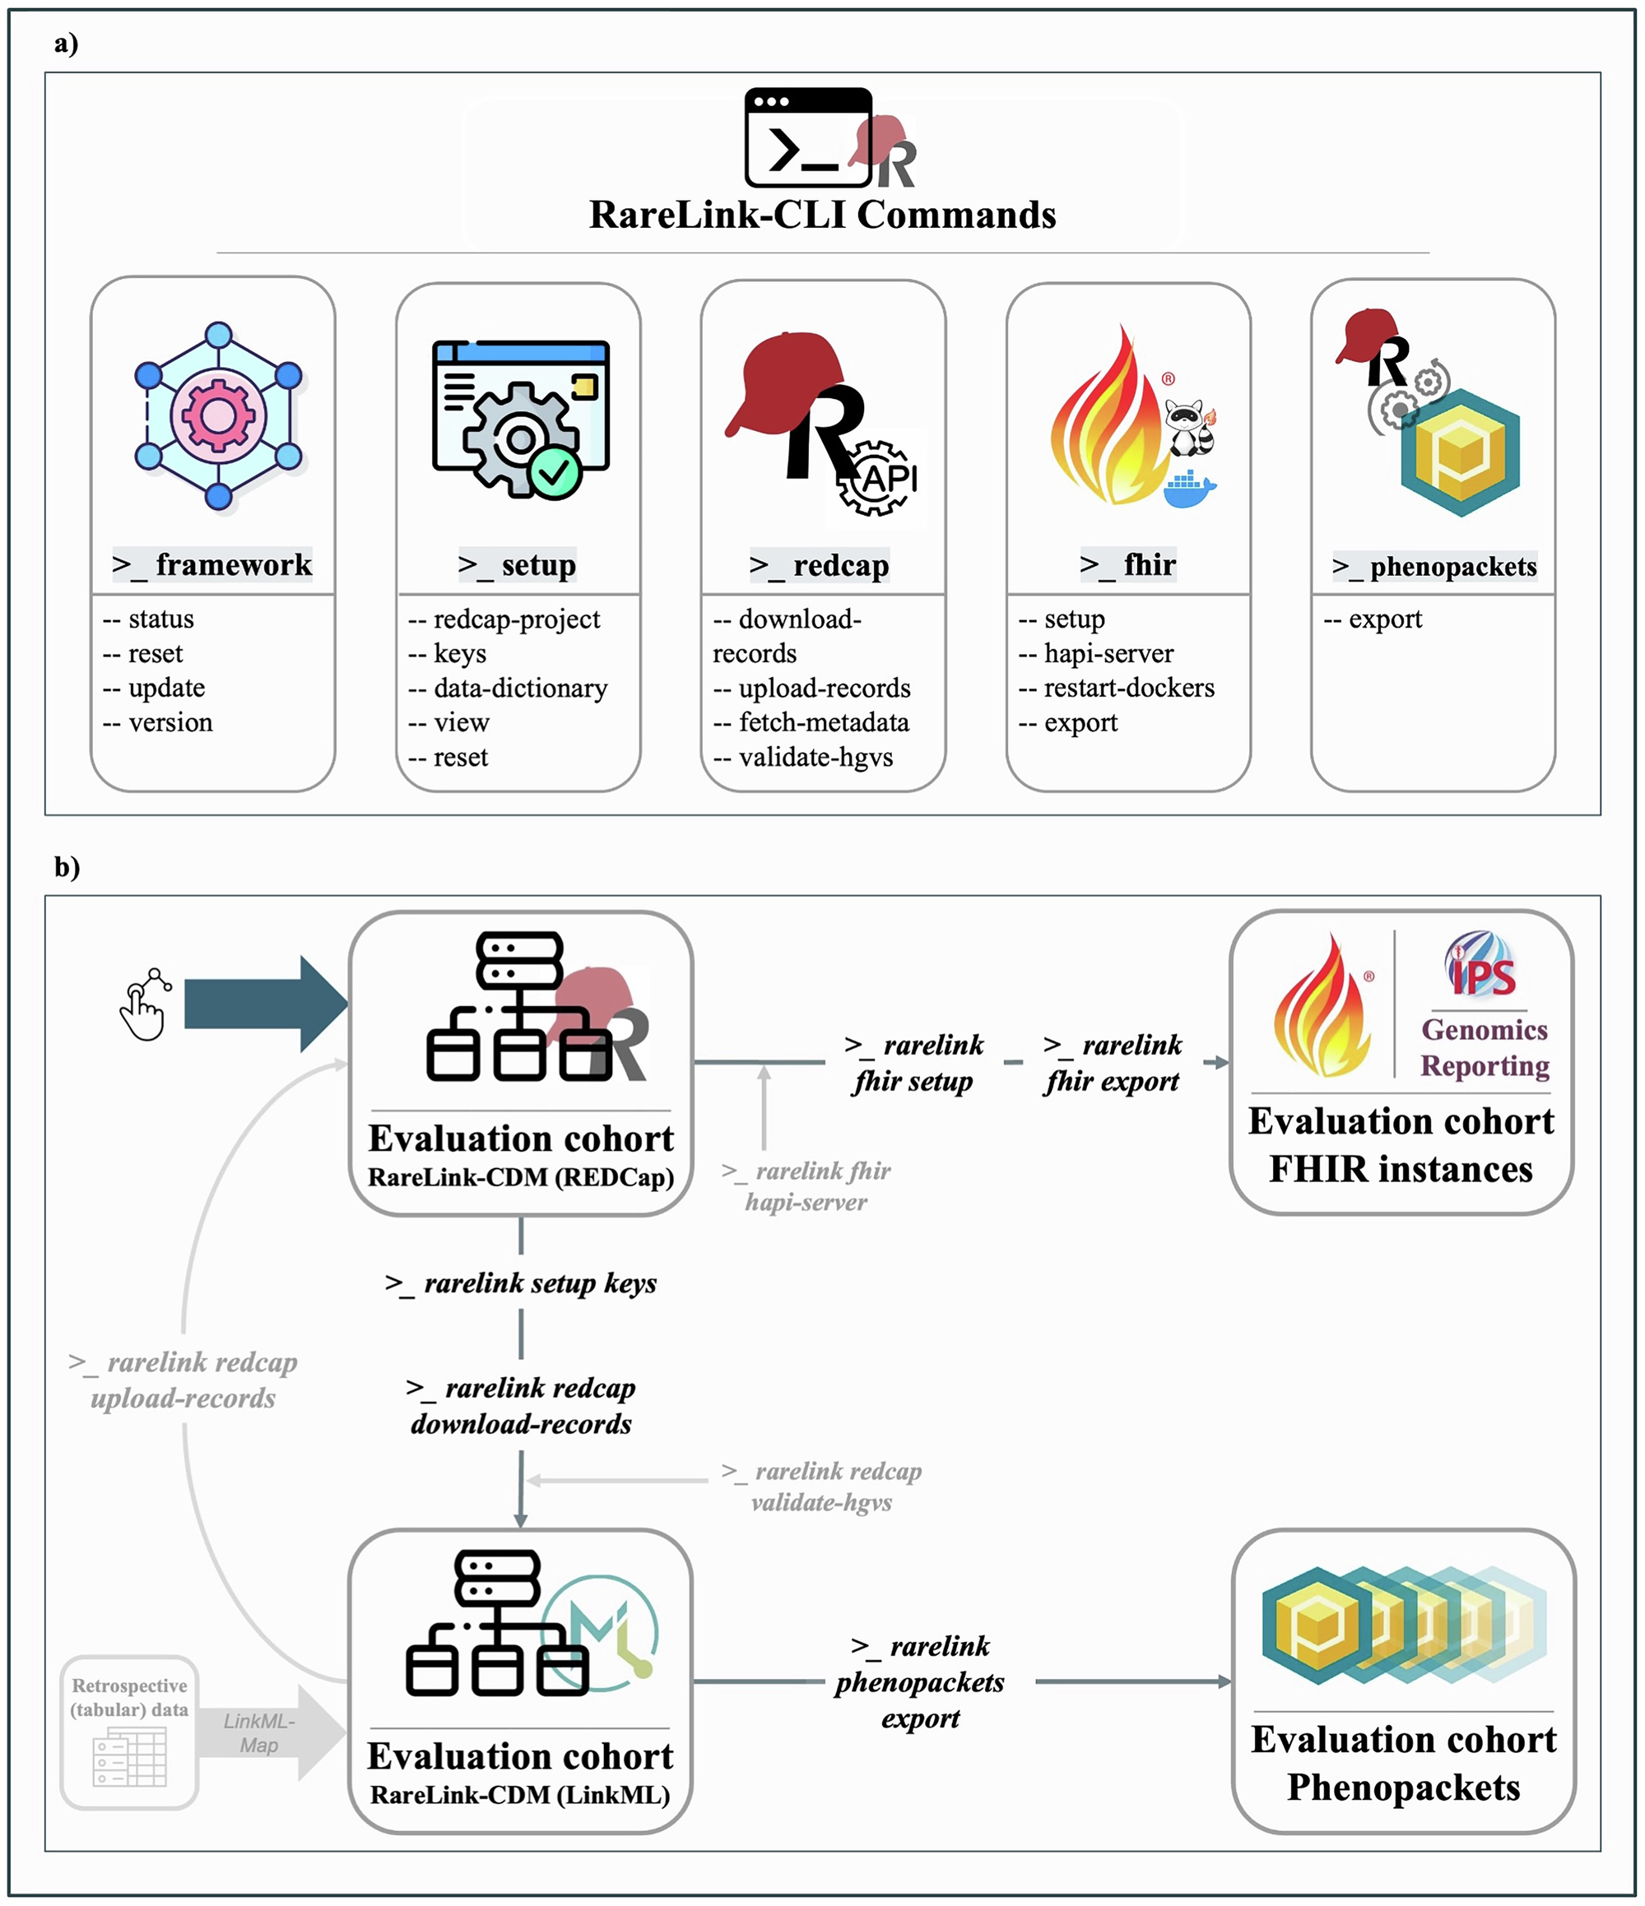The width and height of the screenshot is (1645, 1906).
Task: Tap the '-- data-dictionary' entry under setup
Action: [x=507, y=688]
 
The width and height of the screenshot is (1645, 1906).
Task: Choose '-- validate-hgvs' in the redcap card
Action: [x=802, y=757]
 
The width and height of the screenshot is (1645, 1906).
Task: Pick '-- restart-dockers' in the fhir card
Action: [x=1115, y=688]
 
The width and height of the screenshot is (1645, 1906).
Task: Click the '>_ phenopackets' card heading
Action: [x=1433, y=567]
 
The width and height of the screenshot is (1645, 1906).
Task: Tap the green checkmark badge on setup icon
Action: [x=555, y=473]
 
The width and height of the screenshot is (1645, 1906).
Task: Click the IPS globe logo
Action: [x=1481, y=965]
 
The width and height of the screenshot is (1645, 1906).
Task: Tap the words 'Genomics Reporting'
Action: [x=1483, y=1048]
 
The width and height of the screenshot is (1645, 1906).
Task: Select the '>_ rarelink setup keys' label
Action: [x=521, y=1283]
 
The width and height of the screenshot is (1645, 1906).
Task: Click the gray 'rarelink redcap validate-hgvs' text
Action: [x=820, y=1486]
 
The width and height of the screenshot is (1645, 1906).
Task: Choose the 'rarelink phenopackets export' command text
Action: [x=919, y=1682]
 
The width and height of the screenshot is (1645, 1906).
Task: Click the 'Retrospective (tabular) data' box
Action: [x=129, y=1732]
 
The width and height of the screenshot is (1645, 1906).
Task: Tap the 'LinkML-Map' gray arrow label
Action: [x=258, y=1733]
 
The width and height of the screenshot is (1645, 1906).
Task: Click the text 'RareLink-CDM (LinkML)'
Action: [x=520, y=1796]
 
